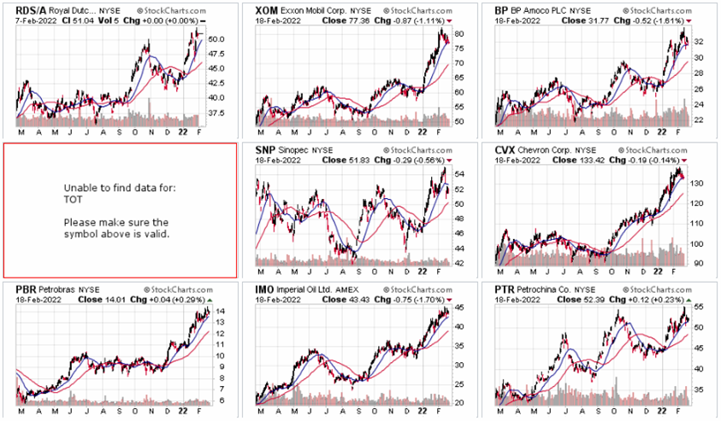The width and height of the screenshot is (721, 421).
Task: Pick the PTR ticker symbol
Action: point(505,289)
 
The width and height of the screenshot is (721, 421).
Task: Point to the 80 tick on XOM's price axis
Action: point(458,34)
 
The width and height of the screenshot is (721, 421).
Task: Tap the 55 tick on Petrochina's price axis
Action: point(698,307)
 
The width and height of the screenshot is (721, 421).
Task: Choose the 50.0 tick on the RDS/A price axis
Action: point(217,39)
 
